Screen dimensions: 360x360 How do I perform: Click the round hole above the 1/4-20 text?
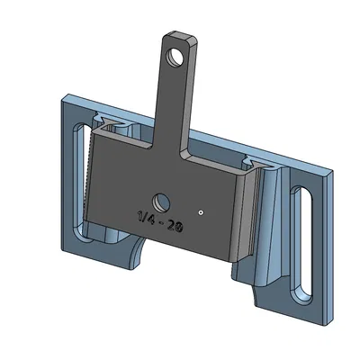tap(162, 200)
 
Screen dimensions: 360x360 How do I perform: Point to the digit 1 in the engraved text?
tap(140, 216)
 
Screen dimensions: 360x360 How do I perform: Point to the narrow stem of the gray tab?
tap(174, 108)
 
